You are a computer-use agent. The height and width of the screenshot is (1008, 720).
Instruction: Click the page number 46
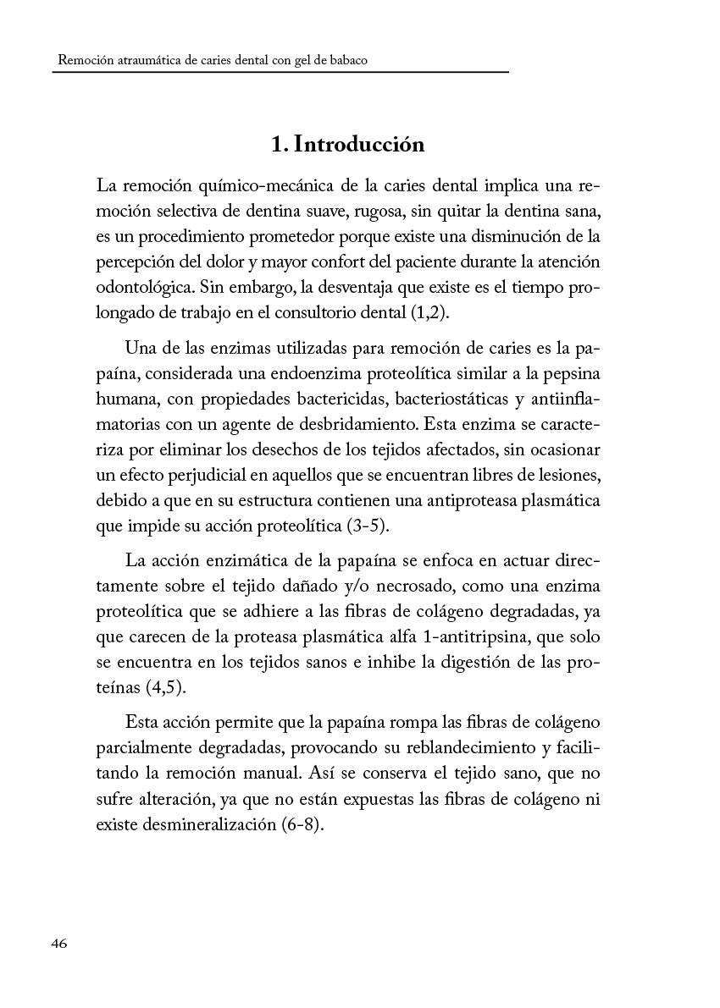point(58,944)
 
